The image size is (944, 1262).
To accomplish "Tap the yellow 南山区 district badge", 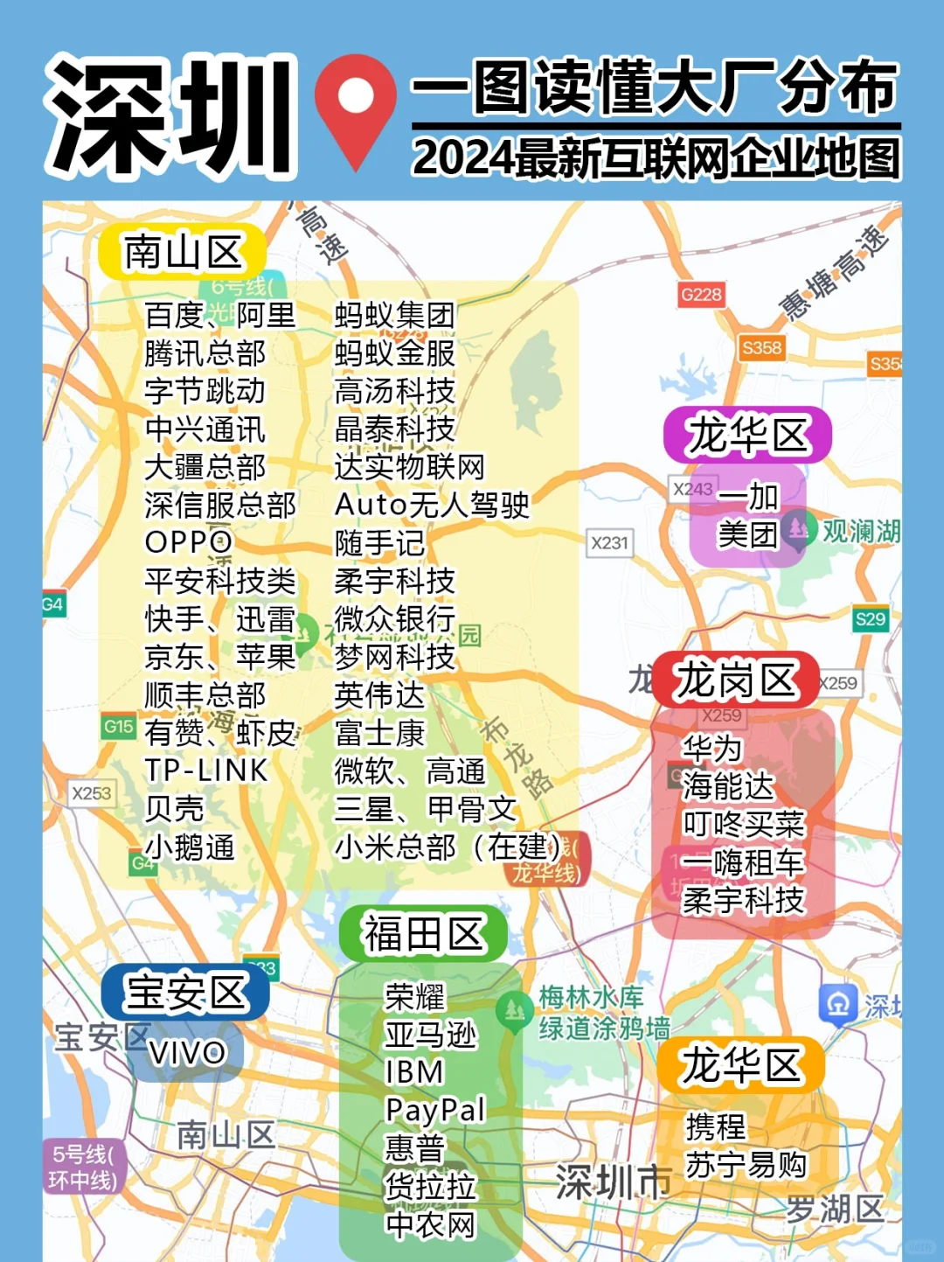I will point(182,253).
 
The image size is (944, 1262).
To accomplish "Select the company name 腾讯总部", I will point(205,353).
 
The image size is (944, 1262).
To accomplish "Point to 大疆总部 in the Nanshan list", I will point(205,467).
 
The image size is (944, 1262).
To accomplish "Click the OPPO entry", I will point(188,542).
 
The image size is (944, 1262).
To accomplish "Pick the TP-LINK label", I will point(206,770).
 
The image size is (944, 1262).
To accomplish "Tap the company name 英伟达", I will point(379,695).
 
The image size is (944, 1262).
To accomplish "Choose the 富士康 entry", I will point(379,733).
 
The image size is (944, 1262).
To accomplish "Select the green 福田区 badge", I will point(423,934).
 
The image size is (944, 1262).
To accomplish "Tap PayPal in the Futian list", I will point(434,1110).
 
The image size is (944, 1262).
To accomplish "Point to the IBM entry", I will point(414,1072).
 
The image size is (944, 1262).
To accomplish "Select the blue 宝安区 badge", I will point(185,993).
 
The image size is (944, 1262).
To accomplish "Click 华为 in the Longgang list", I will point(711,749).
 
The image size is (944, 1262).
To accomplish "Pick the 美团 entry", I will point(747,534).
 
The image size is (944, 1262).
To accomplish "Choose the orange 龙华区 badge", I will point(740,1066).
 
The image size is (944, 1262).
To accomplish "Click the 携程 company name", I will point(716,1126).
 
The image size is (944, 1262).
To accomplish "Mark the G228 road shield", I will point(701,295).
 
